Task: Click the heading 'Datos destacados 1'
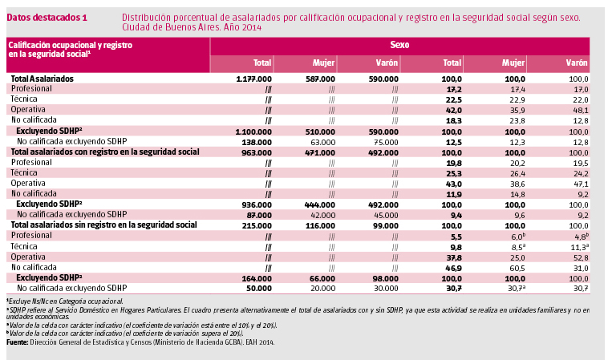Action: click(x=47, y=17)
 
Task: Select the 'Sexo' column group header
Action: click(x=399, y=46)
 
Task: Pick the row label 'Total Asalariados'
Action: click(x=42, y=79)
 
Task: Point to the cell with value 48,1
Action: click(x=580, y=110)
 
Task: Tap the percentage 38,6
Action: click(x=516, y=184)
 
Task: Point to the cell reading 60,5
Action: click(x=516, y=266)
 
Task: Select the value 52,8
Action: click(x=580, y=257)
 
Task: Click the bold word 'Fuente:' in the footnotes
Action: click(x=17, y=342)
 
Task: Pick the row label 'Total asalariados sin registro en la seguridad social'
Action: click(x=103, y=225)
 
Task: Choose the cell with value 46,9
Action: click(x=454, y=266)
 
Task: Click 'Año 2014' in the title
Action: click(x=243, y=27)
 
